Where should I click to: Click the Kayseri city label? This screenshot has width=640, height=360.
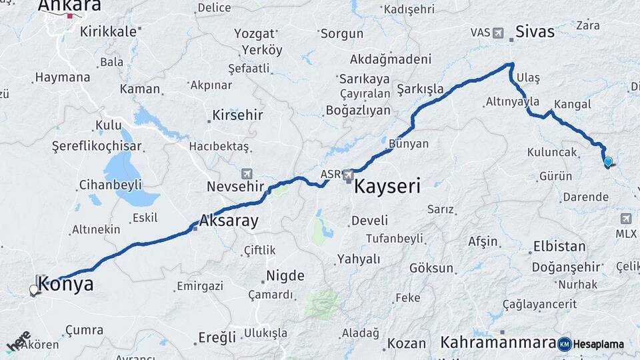pyautogui.click(x=387, y=186)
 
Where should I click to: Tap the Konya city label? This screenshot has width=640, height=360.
pyautogui.click(x=66, y=285)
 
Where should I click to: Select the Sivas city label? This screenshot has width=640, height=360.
pyautogui.click(x=535, y=31)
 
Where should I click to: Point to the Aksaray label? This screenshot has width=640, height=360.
pyautogui.click(x=229, y=221)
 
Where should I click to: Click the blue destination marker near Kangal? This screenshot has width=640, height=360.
pyautogui.click(x=608, y=162)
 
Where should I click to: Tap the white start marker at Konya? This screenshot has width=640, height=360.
pyautogui.click(x=34, y=290)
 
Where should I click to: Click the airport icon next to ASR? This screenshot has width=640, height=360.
pyautogui.click(x=348, y=175)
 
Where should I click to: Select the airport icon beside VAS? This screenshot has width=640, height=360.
pyautogui.click(x=499, y=32)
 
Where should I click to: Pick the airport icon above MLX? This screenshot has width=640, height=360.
pyautogui.click(x=626, y=219)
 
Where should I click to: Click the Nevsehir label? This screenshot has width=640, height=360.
pyautogui.click(x=235, y=186)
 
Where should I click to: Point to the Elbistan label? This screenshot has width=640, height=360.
pyautogui.click(x=559, y=247)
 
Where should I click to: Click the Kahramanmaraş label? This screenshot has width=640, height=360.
pyautogui.click(x=497, y=343)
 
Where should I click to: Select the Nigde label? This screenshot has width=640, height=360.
pyautogui.click(x=285, y=275)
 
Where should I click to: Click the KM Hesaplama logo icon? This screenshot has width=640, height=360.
pyautogui.click(x=565, y=344)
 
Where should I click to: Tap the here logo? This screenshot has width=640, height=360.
pyautogui.click(x=19, y=342)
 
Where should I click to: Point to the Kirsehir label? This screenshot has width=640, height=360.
pyautogui.click(x=238, y=115)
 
